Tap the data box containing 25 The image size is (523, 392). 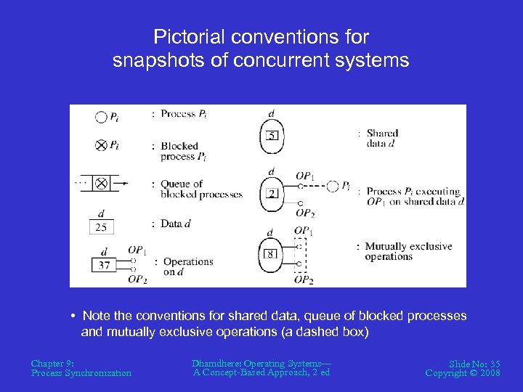point(100,227)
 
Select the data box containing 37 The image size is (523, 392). point(104,265)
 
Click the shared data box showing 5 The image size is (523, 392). point(272,135)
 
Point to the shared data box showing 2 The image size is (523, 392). point(272,194)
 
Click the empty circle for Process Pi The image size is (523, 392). point(101,116)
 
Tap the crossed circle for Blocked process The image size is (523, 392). point(101,145)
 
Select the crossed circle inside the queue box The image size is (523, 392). point(101,184)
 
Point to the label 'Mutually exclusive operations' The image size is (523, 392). point(409,251)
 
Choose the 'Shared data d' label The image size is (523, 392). point(382,138)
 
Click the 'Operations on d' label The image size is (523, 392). point(187,266)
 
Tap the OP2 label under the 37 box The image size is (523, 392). point(137,279)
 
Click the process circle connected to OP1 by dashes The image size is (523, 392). point(332,187)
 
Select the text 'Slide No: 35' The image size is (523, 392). point(474,363)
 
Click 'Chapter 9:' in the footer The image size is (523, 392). point(52,363)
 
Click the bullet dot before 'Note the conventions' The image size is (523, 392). point(74,317)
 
